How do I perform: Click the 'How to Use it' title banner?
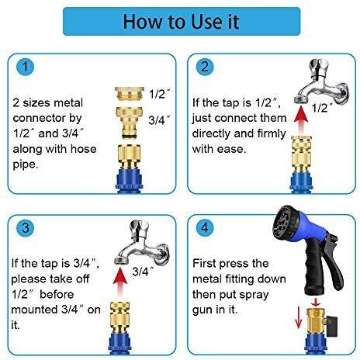coord(182,22)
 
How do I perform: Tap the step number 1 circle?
coord(26,67)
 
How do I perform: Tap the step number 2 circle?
coord(205,67)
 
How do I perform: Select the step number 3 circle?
coord(26,228)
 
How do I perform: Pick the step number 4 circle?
coord(205,228)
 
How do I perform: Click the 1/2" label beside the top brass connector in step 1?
coord(159,94)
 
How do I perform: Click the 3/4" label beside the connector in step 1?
coord(159,119)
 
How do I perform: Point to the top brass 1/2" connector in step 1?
coord(129,94)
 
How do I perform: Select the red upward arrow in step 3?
coord(120,282)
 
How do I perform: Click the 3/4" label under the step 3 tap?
coord(143,272)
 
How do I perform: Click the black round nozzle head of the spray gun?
coord(286,221)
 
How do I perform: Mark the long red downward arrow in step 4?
coord(298,317)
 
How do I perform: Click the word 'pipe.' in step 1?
coord(26,164)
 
